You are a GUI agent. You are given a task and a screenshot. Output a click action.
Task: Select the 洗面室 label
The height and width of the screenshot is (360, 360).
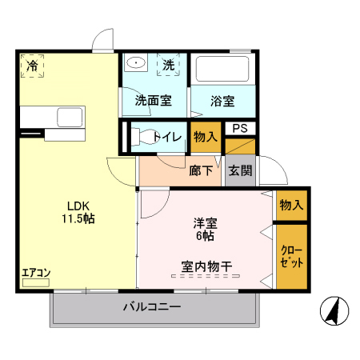point(152,101)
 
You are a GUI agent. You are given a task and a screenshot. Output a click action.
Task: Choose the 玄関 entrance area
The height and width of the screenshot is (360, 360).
point(240,170)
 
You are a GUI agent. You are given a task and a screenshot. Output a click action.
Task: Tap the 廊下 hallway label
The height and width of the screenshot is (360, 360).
point(201,170)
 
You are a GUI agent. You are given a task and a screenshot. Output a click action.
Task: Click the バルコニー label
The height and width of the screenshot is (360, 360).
point(152,307)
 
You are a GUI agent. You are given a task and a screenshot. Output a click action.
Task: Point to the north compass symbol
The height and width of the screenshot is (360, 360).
point(331,311)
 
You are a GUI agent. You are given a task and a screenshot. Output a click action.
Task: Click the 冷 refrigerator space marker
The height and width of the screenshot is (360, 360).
point(32,65)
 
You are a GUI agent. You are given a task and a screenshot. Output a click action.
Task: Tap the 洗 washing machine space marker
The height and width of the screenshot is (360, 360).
point(169,64)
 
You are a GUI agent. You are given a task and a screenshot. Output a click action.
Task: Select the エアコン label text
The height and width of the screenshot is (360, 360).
point(36,273)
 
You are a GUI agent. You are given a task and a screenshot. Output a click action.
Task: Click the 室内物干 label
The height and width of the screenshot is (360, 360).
point(206,266)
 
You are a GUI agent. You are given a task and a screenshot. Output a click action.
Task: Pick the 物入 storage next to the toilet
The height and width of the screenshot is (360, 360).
point(206,137)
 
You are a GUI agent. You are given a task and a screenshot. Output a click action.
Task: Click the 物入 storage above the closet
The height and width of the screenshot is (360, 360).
point(291,205)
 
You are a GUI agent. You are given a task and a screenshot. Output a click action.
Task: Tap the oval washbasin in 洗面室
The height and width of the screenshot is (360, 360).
point(137,63)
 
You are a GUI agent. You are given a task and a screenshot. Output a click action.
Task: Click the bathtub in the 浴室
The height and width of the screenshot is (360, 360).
point(224,70)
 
